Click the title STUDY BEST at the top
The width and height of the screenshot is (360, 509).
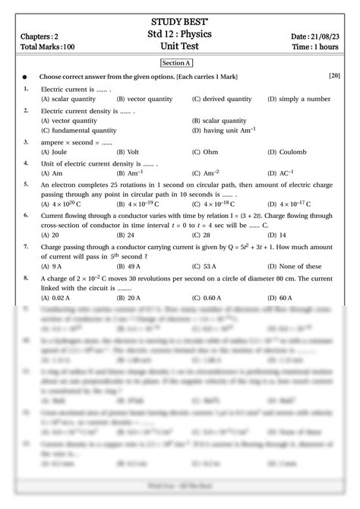181,21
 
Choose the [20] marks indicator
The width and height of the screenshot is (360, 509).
334,77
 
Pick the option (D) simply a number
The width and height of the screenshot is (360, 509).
298,99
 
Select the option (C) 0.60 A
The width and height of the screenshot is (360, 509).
207,298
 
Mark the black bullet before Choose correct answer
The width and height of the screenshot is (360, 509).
26,77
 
